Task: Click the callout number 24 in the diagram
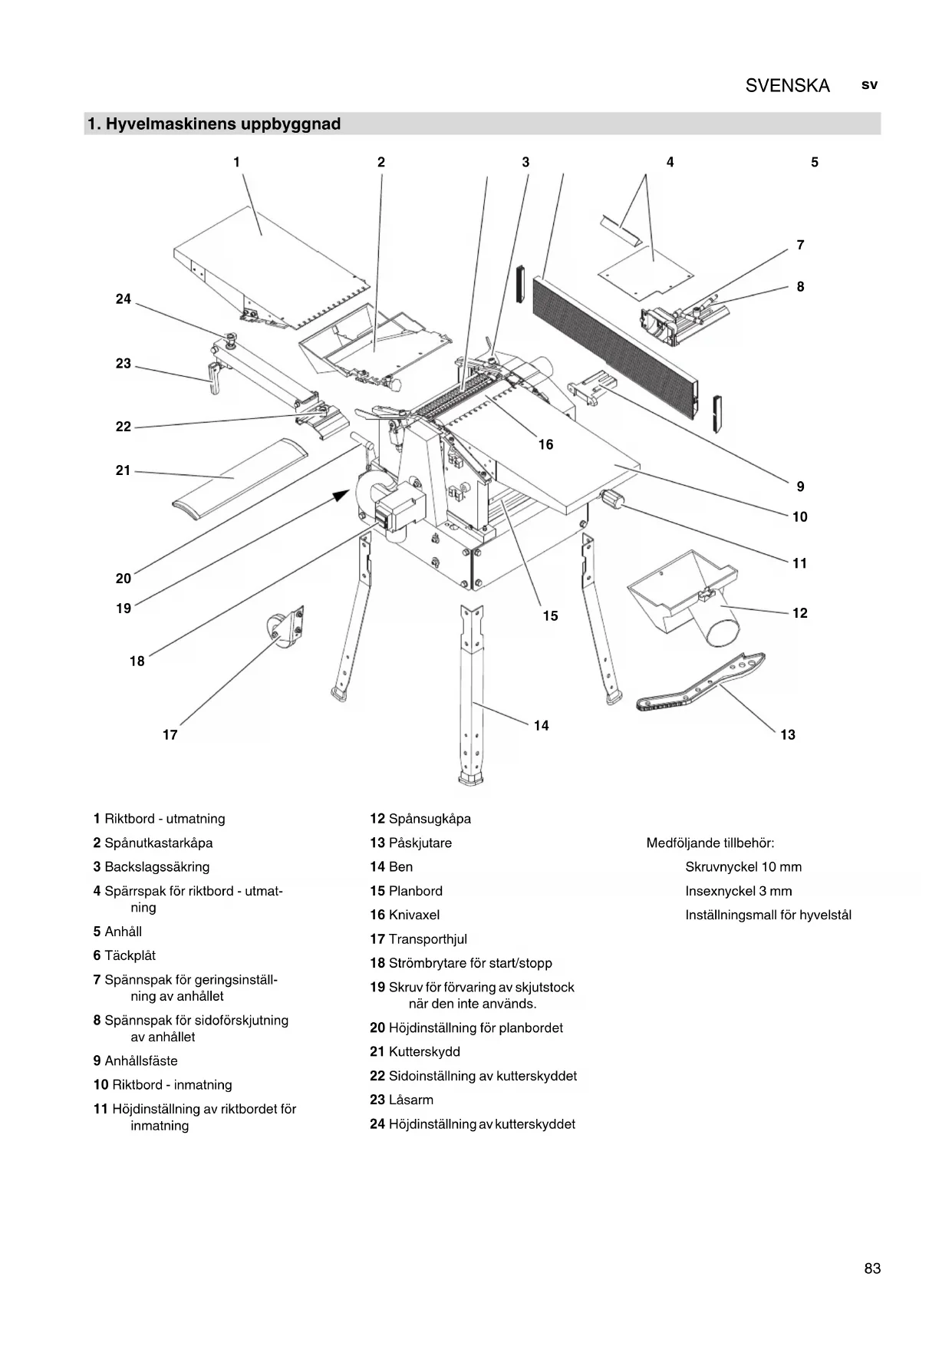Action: click(x=123, y=299)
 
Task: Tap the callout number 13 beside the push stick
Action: click(x=788, y=735)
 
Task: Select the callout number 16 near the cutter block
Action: click(x=545, y=445)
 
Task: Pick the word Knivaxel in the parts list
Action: click(x=414, y=915)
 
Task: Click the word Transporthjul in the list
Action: click(x=427, y=939)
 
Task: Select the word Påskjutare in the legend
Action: click(x=420, y=843)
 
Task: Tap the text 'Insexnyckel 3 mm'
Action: click(x=738, y=891)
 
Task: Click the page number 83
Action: click(x=872, y=1268)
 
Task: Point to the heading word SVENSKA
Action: click(x=787, y=86)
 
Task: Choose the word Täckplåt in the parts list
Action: click(x=130, y=955)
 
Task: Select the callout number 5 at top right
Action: click(x=815, y=163)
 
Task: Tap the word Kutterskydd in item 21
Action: click(x=424, y=1052)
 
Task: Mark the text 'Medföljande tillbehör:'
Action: click(x=710, y=843)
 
